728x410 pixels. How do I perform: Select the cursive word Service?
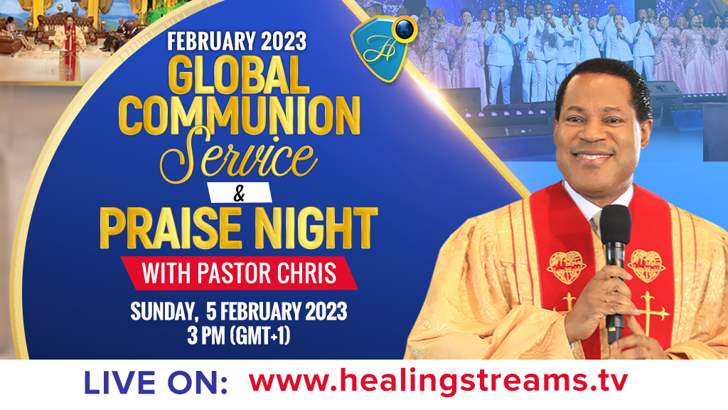click(238, 155)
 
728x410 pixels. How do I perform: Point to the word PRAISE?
click(171, 228)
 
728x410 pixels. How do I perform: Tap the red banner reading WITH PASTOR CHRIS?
click(239, 273)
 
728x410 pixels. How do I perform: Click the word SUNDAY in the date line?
click(161, 312)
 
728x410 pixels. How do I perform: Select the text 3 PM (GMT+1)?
click(239, 335)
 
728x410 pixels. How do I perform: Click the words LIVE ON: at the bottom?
click(156, 384)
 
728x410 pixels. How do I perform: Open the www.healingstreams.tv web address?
click(438, 382)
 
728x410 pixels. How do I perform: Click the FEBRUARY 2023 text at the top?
click(237, 41)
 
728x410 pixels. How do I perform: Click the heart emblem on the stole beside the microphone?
click(646, 266)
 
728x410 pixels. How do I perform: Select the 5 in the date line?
click(211, 312)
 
